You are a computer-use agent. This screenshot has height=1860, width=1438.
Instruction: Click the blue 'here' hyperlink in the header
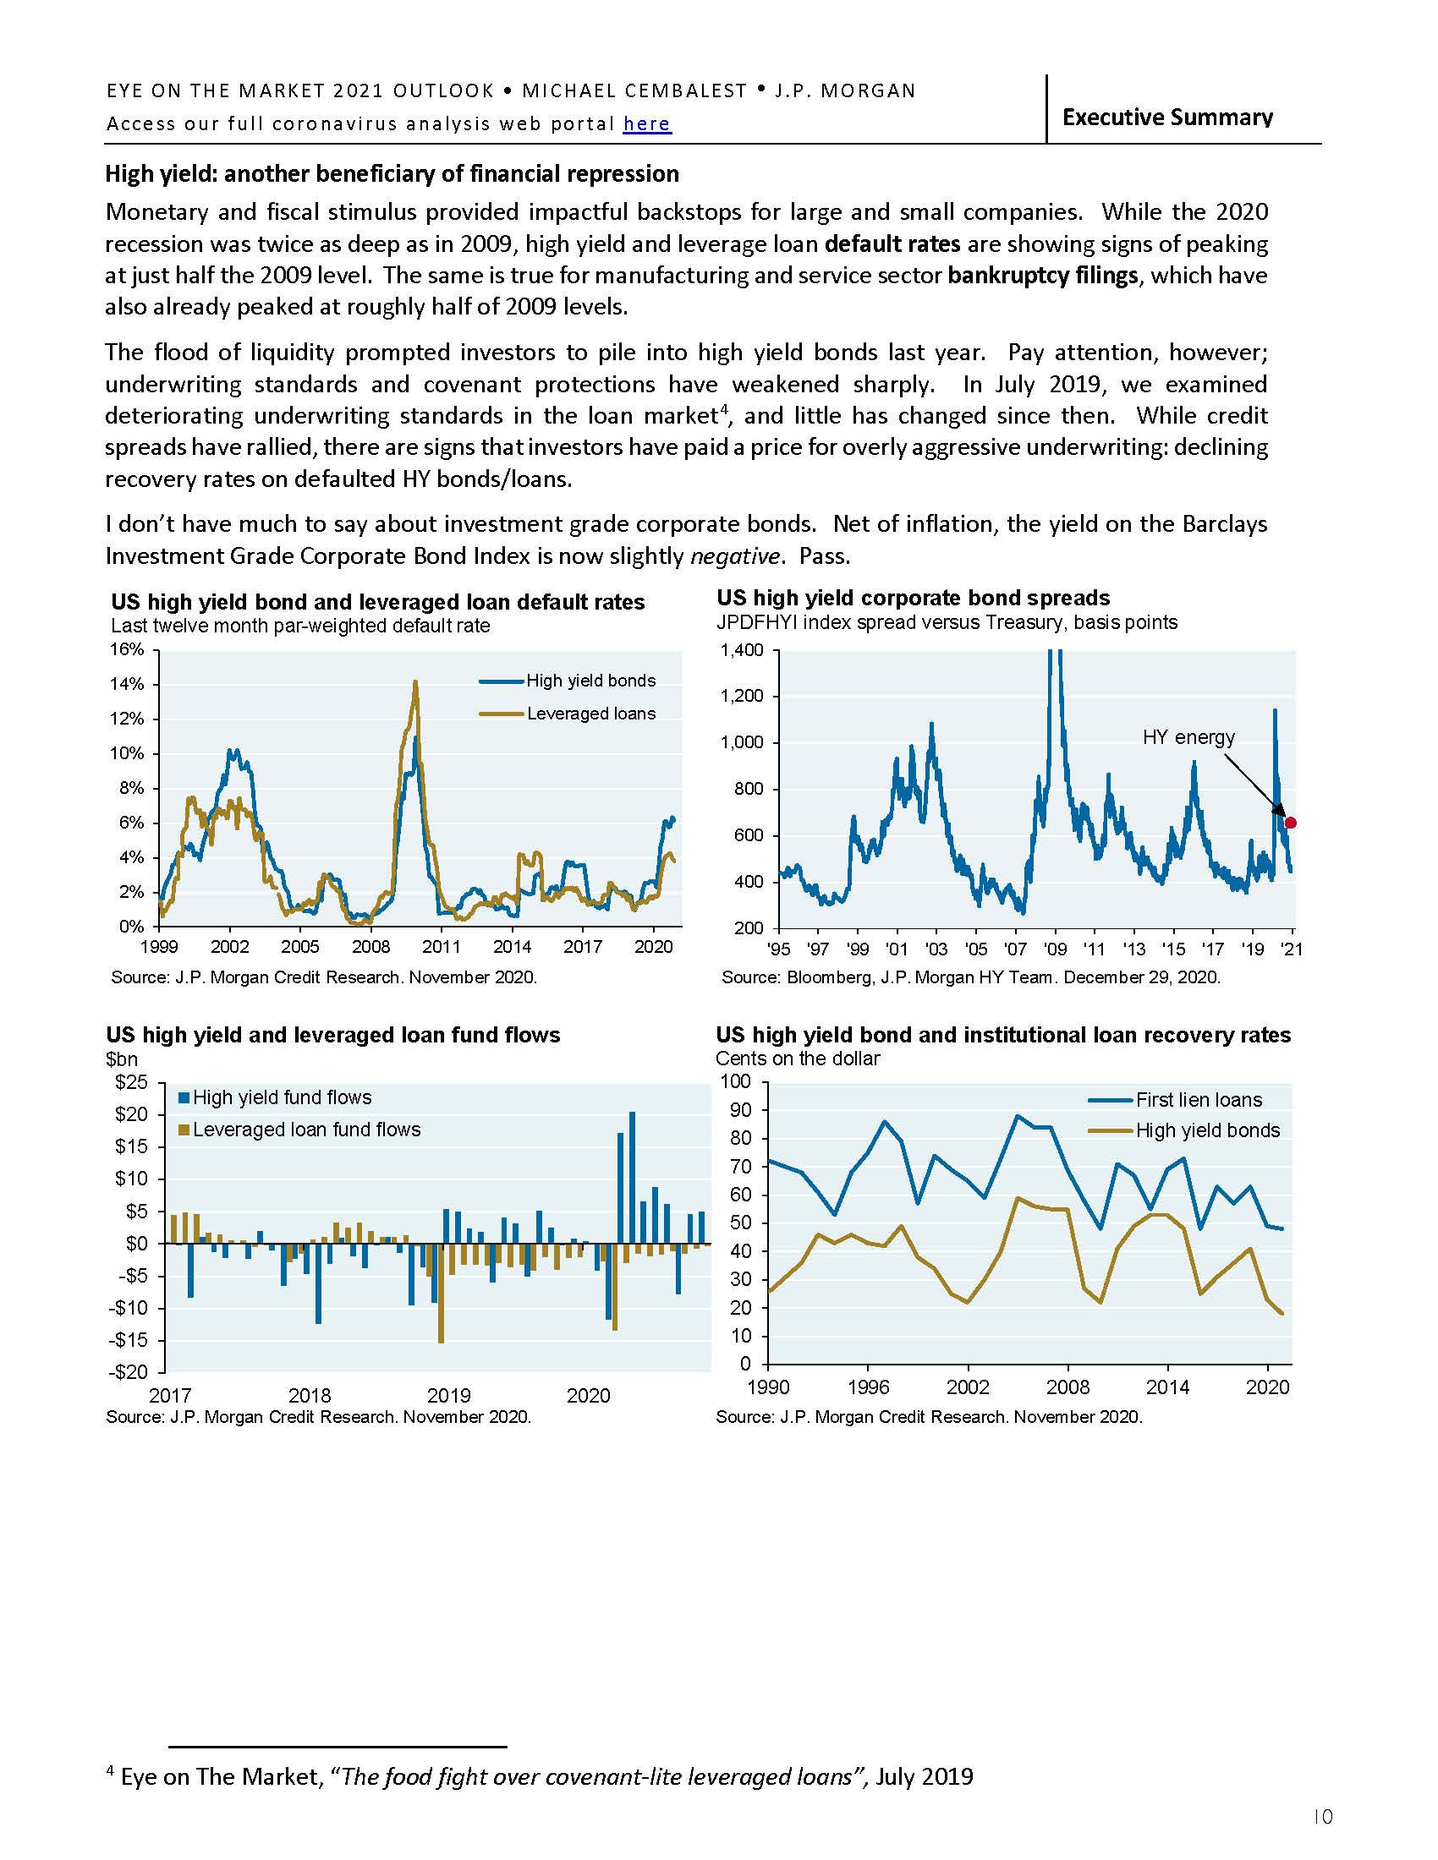coord(646,124)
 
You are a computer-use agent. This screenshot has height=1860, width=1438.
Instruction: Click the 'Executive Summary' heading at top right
coord(1167,118)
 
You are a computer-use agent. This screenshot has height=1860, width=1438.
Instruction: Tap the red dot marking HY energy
coord(1290,823)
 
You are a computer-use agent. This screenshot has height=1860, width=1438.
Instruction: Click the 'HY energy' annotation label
coord(1188,737)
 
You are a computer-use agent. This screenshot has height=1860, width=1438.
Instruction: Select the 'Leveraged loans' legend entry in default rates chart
coord(590,714)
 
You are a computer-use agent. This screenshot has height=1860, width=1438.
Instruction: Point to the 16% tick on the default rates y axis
coord(126,650)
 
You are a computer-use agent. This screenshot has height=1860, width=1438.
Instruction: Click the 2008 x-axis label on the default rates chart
coord(370,947)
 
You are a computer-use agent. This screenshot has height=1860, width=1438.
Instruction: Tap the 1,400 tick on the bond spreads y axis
coord(741,652)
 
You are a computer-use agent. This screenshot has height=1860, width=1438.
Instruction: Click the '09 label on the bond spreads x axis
coord(1055,949)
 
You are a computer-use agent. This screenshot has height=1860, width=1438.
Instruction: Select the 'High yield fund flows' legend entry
coord(281,1097)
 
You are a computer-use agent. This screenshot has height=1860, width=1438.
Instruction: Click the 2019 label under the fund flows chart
coord(449,1396)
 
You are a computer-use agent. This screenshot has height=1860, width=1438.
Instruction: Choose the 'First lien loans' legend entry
coord(1199,1100)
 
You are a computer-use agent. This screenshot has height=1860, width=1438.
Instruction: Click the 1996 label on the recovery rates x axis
coord(868,1387)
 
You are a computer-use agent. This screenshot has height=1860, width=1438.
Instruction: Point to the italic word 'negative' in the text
coord(733,557)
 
